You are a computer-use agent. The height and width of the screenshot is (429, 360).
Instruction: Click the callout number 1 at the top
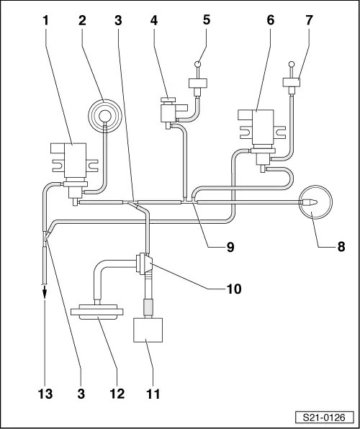pos(45,21)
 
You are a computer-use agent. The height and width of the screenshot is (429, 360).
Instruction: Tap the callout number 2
pos(82,21)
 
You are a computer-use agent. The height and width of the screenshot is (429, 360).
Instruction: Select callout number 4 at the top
pos(154,21)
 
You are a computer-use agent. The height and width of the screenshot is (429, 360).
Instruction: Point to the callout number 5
pos(207,21)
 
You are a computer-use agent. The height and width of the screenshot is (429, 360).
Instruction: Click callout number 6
pos(271,21)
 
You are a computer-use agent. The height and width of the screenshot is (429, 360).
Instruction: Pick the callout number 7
pos(309,21)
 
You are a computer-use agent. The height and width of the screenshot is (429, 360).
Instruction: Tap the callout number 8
pos(341,247)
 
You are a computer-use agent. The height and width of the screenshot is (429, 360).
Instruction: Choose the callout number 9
pos(230,248)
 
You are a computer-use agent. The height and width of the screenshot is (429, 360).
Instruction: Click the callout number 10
pos(233,289)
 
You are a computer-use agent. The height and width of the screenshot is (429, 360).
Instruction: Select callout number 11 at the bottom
pos(153,394)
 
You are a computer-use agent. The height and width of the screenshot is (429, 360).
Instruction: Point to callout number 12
pos(117,394)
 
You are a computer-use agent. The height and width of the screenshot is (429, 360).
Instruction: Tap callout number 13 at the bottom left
pos(45,394)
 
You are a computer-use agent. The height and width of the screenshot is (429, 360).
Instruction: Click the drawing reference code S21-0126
pos(324,417)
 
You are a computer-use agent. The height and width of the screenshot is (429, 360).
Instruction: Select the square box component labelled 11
pos(148,330)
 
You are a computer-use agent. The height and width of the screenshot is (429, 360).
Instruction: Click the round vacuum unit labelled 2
pos(105,117)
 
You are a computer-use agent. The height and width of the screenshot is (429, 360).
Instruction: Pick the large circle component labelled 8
pos(315,202)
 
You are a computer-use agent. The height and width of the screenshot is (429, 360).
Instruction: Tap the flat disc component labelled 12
pos(97,312)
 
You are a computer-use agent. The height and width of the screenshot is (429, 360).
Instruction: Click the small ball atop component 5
pos(198,64)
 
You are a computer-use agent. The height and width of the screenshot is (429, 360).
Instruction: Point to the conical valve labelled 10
pos(145,263)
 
